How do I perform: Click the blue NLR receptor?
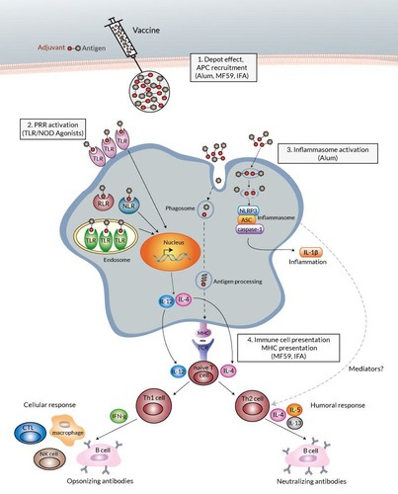point(129,204)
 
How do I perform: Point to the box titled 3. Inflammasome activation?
point(324,154)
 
